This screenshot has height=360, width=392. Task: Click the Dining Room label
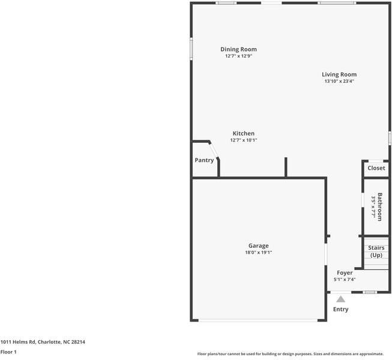coord(238,49)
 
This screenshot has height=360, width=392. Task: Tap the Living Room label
coord(339,74)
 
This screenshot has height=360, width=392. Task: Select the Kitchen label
coord(244,133)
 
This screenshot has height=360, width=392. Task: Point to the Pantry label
coord(204,160)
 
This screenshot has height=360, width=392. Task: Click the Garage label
coord(258,245)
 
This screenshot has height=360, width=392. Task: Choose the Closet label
coord(376,168)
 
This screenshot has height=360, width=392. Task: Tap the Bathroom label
coord(380,206)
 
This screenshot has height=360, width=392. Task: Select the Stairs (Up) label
coord(376,251)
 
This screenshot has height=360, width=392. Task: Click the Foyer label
coord(345,273)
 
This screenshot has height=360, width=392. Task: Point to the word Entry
coord(340,310)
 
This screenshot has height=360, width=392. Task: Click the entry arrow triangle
coord(340,298)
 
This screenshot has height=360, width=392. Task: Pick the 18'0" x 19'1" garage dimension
coord(258,253)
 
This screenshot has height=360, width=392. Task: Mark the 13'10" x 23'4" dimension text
coord(339,81)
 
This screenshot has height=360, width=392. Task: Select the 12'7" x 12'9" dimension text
coord(238,56)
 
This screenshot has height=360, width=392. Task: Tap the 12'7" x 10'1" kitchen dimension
coord(244,140)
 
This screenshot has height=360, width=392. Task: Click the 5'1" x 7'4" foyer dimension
coord(345,280)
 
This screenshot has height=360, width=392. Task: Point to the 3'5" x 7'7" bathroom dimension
coord(373,207)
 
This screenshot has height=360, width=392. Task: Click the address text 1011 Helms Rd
coord(43,342)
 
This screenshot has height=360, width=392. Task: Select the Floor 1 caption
coord(8,352)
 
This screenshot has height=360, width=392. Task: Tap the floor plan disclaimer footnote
coord(294,353)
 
